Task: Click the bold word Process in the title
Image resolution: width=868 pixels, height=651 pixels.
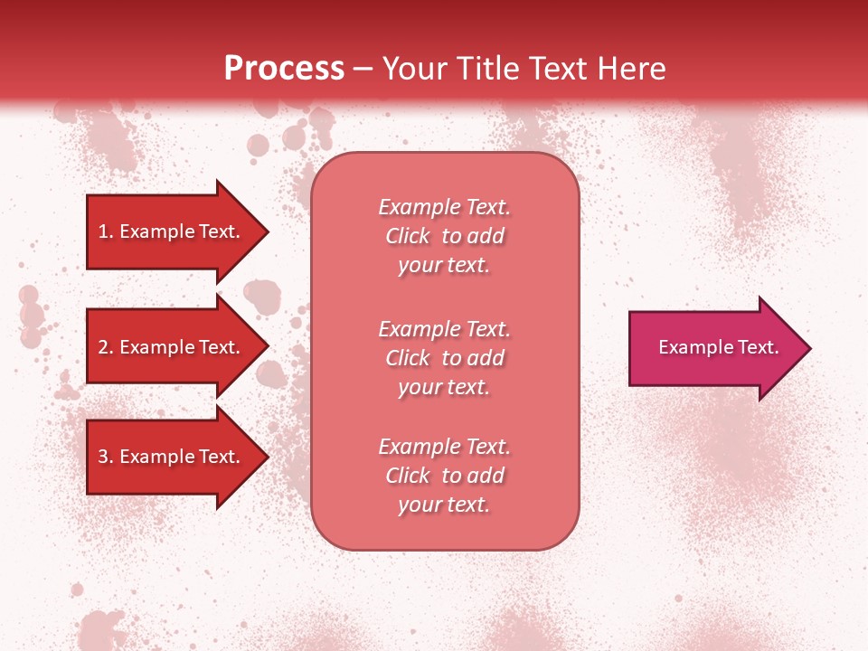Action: (284, 69)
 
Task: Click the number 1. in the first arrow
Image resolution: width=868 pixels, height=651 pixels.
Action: (106, 231)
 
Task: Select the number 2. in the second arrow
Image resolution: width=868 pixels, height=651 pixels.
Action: (106, 347)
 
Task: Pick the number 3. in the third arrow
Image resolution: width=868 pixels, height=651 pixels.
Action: (106, 457)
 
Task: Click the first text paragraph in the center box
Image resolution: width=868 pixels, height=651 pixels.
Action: (444, 236)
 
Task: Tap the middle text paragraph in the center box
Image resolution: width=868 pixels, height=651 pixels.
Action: (444, 358)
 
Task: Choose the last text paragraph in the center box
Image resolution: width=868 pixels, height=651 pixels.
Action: (444, 476)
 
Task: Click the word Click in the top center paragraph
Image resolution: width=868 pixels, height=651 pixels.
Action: (408, 236)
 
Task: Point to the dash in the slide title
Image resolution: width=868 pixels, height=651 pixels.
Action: (363, 69)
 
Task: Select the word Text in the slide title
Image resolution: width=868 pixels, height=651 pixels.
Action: (554, 69)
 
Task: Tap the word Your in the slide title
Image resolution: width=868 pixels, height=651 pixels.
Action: (411, 69)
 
